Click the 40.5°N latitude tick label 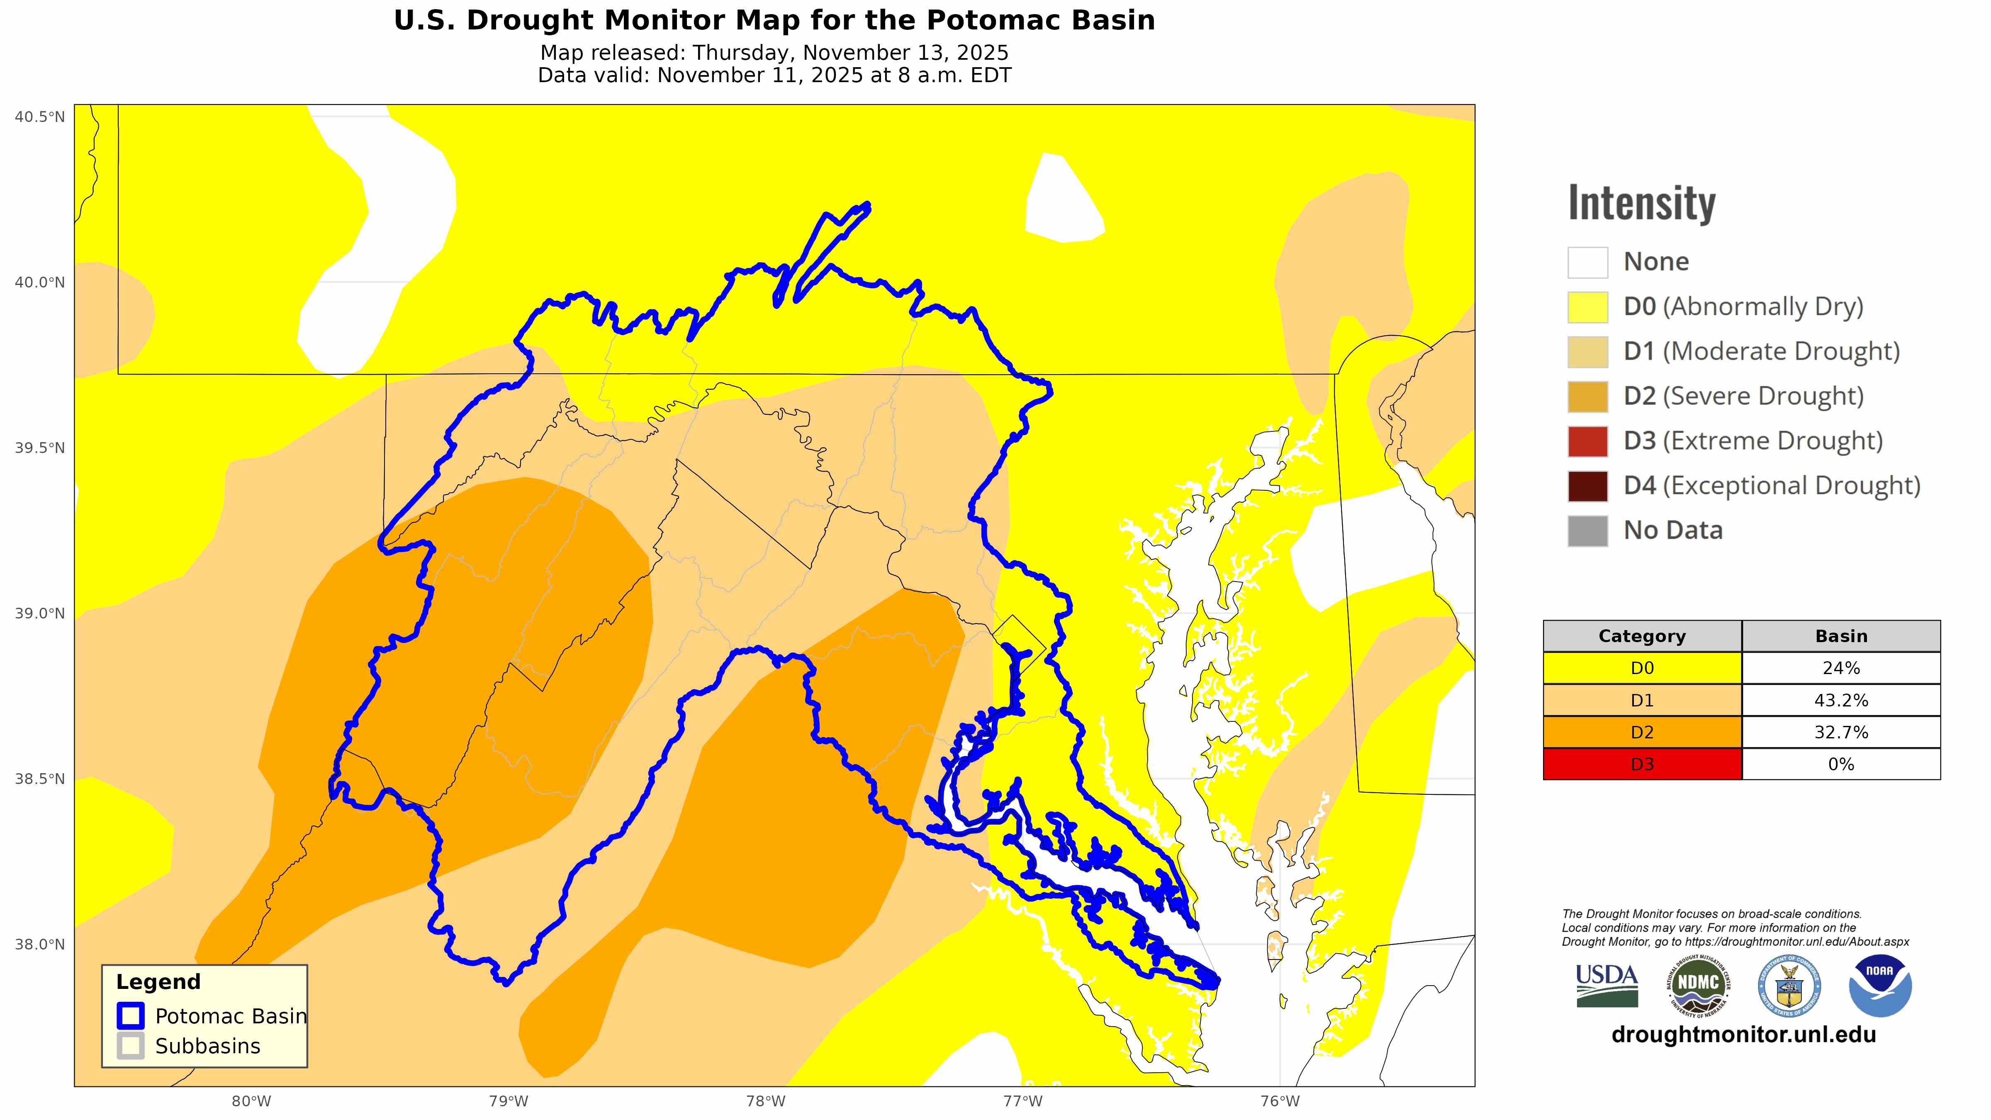(39, 117)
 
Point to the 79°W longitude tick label (509, 1101)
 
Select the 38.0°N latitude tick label (39, 945)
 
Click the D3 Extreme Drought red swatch (1587, 441)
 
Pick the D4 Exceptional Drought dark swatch (1587, 486)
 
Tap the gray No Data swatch (1587, 531)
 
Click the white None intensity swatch (1587, 262)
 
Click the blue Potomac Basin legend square (131, 1015)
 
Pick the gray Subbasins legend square (131, 1046)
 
